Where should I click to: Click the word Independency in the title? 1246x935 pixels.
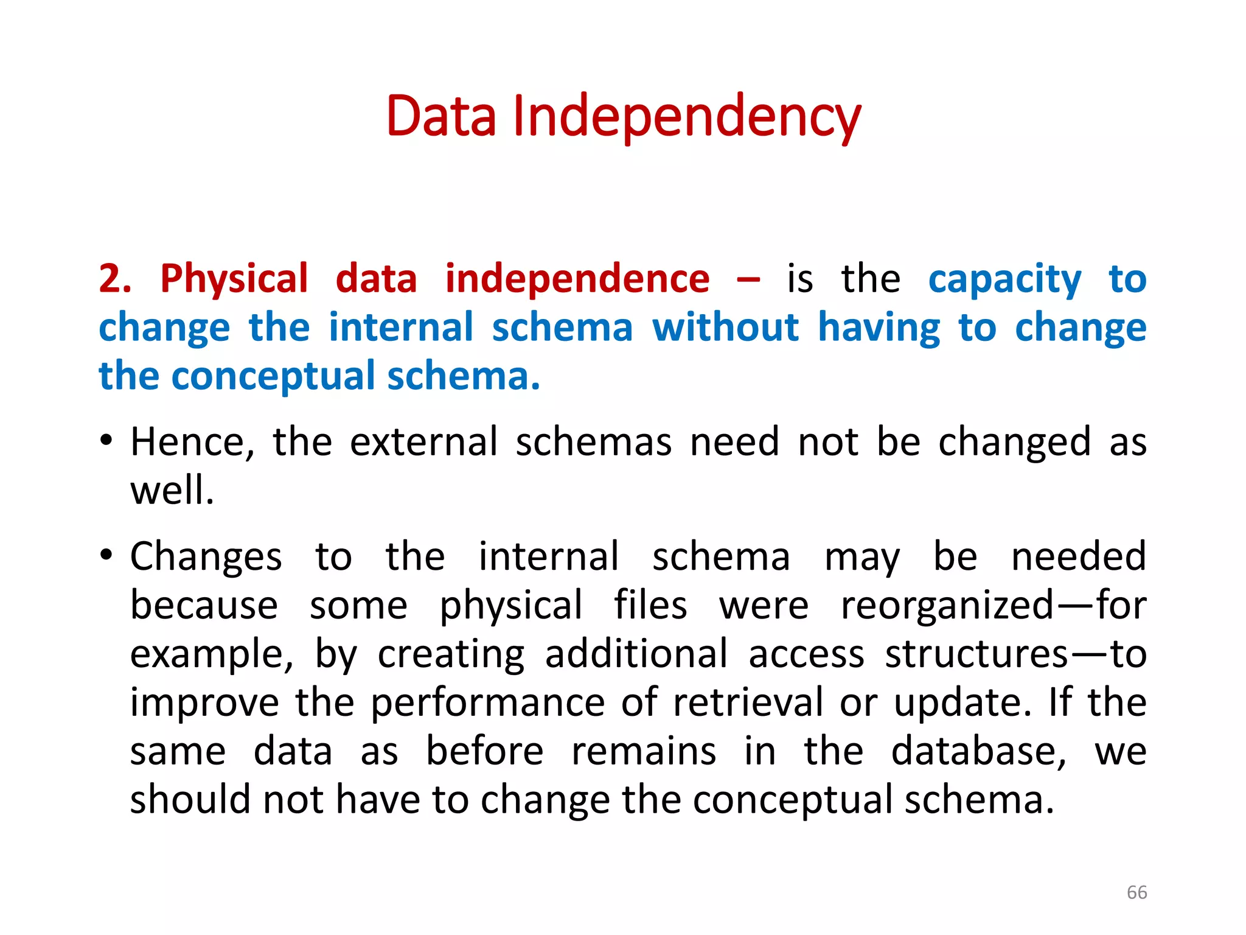coord(687,117)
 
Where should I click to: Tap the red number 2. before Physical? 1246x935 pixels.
coord(115,279)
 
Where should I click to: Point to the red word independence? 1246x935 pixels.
coord(577,279)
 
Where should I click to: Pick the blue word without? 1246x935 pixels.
coord(725,327)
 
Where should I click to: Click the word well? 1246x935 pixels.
coord(172,490)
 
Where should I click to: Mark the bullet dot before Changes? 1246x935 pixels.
coord(106,555)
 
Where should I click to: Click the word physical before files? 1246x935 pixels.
coord(511,606)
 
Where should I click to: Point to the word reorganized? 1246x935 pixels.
coord(947,606)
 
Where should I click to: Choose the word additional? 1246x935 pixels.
coord(636,654)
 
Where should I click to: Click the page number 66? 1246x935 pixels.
coord(1136,892)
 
